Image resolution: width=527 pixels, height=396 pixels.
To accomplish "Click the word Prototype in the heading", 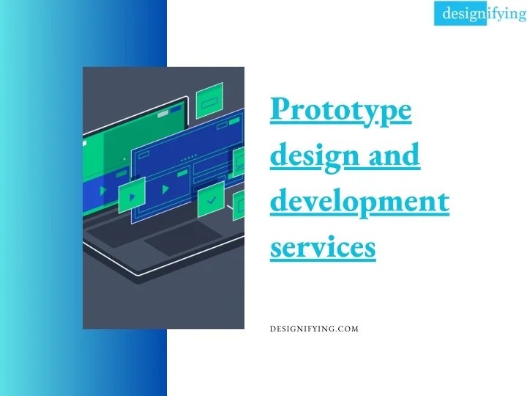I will (340, 111).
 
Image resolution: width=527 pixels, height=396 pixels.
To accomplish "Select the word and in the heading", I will (394, 155).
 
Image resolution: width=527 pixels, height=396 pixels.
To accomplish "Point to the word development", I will (359, 202).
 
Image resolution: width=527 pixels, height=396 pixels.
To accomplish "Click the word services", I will (323, 247).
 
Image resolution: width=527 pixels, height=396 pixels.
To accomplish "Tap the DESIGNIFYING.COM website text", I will (314, 329).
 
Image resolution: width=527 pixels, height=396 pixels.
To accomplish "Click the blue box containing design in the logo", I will (460, 13).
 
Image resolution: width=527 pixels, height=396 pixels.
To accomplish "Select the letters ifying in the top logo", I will (507, 13).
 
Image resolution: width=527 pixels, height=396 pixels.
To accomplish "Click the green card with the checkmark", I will (211, 196).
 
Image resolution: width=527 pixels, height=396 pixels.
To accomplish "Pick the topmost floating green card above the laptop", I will (210, 96).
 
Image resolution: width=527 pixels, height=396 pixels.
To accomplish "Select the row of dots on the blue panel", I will (188, 158).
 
